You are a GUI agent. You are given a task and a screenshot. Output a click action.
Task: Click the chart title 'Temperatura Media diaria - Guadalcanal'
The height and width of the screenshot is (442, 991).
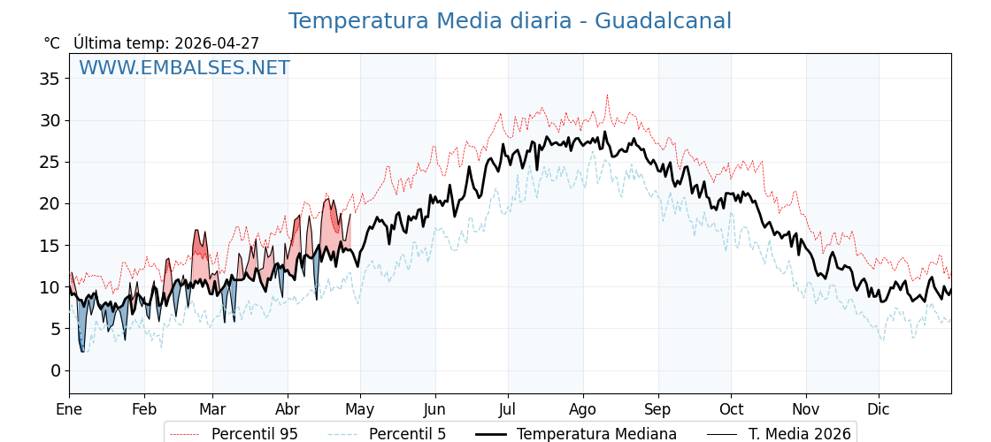pos(510,21)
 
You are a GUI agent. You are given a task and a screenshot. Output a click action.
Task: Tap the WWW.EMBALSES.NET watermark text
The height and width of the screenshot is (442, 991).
pos(184,68)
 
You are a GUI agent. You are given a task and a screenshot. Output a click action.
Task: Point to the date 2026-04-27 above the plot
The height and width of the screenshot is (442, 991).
pos(217,43)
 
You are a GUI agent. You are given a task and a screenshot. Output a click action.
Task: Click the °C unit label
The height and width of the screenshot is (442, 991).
pos(51,43)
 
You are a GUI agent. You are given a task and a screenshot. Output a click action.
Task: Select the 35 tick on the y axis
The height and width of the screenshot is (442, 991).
pos(50,79)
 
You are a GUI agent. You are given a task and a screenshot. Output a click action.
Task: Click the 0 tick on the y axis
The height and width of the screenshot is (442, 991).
pos(55,370)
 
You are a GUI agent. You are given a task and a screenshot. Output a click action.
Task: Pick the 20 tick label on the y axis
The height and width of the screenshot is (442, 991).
pos(50,203)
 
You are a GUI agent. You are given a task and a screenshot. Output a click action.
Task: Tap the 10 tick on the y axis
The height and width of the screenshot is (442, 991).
pos(50,287)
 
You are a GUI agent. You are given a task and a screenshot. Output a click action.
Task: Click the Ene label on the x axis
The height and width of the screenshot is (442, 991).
pos(69,409)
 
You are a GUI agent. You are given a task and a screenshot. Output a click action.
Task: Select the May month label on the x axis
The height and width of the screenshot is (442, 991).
pos(359,409)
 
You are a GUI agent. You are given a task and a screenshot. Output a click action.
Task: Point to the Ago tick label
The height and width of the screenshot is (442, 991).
pos(582,409)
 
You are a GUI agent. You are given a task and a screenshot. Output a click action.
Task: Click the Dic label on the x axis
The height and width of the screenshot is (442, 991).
pos(879,409)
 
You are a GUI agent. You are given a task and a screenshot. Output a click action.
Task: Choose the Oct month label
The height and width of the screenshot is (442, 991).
pos(731,409)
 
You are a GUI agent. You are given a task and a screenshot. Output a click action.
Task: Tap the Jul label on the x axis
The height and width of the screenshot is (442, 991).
pos(508,409)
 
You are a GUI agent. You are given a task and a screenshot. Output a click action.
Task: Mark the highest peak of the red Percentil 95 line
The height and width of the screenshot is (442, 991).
pos(607,95)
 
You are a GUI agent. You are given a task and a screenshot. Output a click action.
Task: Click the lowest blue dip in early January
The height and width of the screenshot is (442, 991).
pos(82,351)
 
